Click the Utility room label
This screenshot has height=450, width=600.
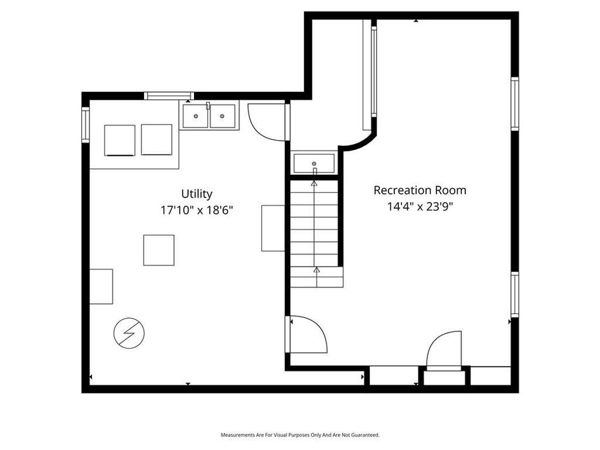tap(197, 194)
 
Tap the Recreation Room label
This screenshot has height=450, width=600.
tap(419, 190)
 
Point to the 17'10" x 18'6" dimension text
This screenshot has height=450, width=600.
tap(196, 209)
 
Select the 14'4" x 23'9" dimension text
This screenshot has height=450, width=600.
tap(419, 206)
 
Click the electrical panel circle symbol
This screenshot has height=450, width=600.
tap(129, 333)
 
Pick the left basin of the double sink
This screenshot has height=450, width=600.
tap(195, 117)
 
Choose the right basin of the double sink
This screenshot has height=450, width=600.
tap(222, 117)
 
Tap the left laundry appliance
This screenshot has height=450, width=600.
tap(120, 140)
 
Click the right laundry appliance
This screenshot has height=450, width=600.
tap(157, 140)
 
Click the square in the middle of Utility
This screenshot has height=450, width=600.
tap(159, 250)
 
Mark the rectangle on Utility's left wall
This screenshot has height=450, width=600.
tap(101, 286)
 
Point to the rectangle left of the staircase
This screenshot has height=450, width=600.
tap(273, 228)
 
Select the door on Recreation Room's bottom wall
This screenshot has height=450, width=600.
tap(443, 351)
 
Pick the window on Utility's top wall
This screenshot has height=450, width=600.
tap(169, 96)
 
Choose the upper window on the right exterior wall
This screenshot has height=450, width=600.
tap(515, 103)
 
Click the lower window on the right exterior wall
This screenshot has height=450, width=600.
tap(515, 295)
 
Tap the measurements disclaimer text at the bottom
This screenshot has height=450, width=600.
tap(300, 435)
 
